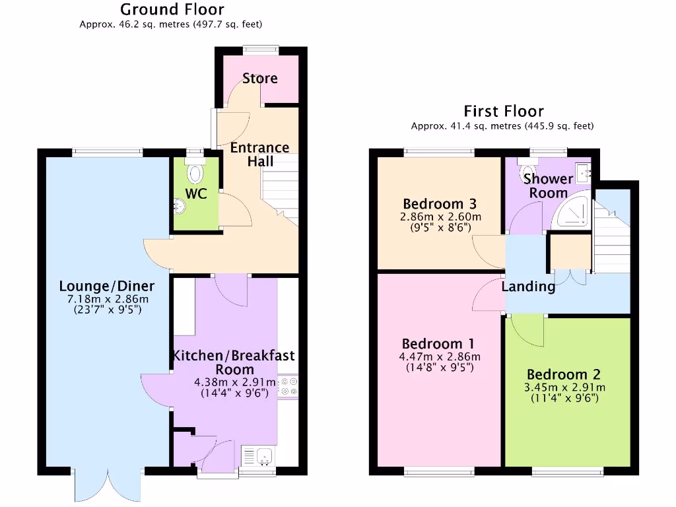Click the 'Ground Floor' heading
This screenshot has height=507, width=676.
pyautogui.click(x=172, y=10)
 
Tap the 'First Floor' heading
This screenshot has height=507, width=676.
pyautogui.click(x=503, y=111)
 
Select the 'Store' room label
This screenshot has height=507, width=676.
pyautogui.click(x=260, y=79)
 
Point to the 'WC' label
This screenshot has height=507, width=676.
pyautogui.click(x=196, y=194)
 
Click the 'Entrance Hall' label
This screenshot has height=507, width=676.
pyautogui.click(x=259, y=154)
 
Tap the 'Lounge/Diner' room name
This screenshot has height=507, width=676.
pyautogui.click(x=107, y=286)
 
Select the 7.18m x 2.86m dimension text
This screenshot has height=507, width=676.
pyautogui.click(x=107, y=298)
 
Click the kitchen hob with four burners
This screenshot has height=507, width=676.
pyautogui.click(x=288, y=386)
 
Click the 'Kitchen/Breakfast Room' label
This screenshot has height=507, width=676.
pyautogui.click(x=234, y=362)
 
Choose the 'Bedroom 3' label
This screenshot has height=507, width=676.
pyautogui.click(x=440, y=203)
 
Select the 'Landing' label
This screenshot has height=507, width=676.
pyautogui.click(x=528, y=287)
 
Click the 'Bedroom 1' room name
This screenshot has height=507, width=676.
pyautogui.click(x=438, y=344)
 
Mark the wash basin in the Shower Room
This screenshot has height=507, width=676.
pyautogui.click(x=584, y=172)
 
